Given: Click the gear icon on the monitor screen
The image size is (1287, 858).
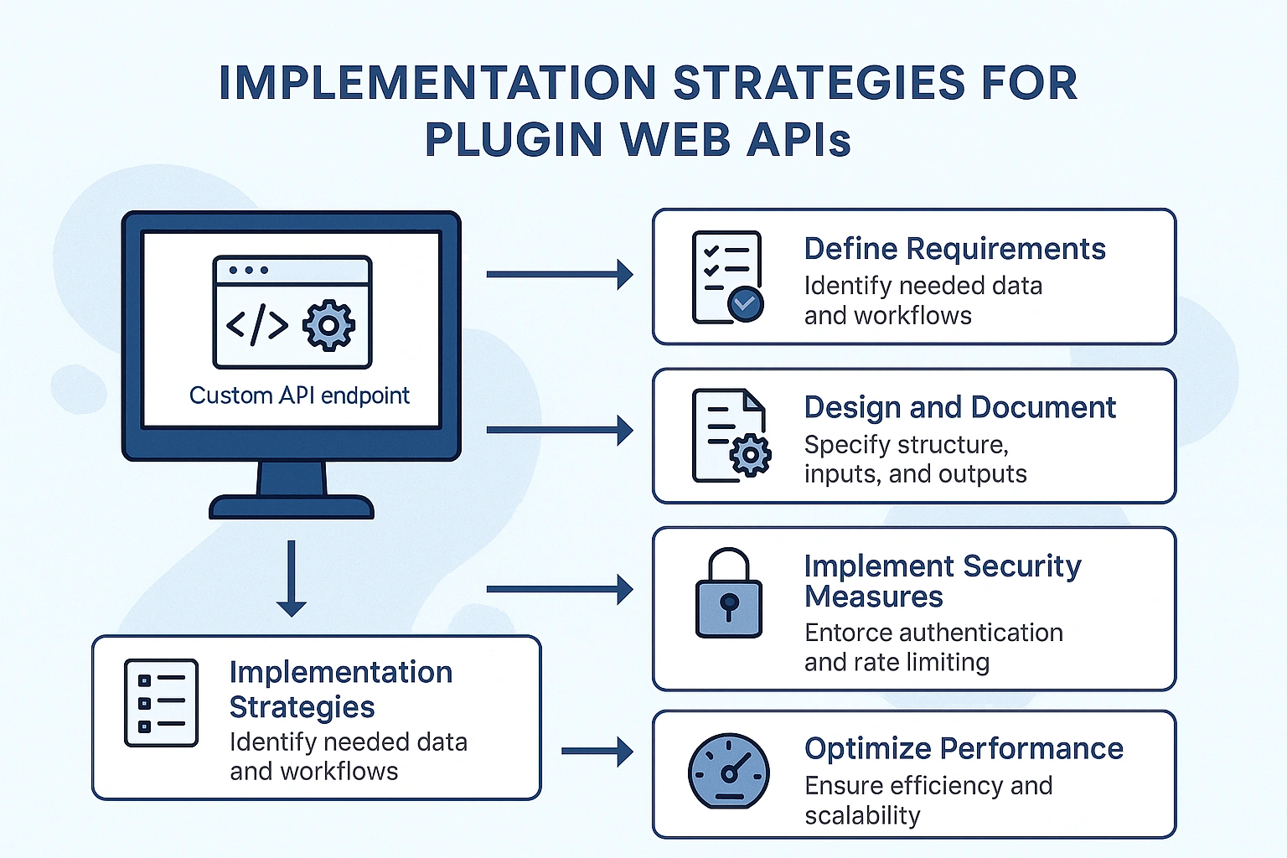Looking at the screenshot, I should [x=328, y=325].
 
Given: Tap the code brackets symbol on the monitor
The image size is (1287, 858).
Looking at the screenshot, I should [x=257, y=325].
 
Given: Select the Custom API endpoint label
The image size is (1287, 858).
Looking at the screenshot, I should [x=299, y=395].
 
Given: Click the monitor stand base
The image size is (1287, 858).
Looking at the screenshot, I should [x=291, y=507].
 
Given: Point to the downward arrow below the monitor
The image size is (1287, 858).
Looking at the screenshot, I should [x=291, y=578].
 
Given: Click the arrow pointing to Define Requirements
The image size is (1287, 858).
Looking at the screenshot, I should [x=559, y=274].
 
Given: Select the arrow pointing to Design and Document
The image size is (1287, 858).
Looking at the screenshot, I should [x=559, y=430].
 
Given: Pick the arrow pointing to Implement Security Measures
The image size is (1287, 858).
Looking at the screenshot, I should [x=559, y=589].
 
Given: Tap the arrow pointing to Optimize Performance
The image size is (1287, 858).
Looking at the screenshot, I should [x=597, y=752].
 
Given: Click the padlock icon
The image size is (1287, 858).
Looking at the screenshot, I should [x=729, y=594].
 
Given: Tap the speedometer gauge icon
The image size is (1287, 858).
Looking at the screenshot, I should [x=728, y=771].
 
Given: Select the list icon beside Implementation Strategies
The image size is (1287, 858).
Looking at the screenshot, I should [x=161, y=703].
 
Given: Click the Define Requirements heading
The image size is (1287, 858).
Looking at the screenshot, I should [x=954, y=249].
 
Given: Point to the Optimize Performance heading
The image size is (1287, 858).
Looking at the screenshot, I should [x=964, y=748].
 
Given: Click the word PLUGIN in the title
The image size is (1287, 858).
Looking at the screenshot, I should [x=513, y=140].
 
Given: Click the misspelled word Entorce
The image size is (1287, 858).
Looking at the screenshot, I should [x=845, y=633].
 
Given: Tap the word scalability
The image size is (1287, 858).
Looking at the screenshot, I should [x=862, y=815].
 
